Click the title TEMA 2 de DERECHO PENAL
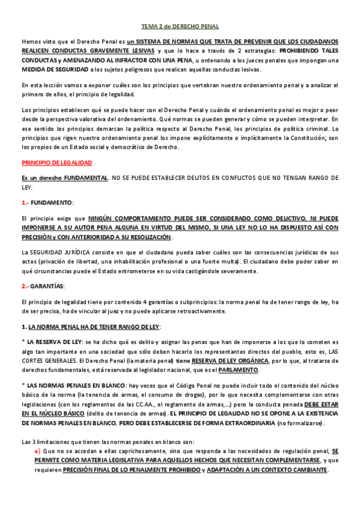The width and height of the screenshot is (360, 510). [x=180, y=26]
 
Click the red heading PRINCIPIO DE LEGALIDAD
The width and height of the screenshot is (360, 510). [x=56, y=163]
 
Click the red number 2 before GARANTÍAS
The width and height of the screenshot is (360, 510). [x=24, y=286]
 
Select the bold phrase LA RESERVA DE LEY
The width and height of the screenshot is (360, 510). [x=52, y=341]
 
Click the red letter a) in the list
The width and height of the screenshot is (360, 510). [x=37, y=451]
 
